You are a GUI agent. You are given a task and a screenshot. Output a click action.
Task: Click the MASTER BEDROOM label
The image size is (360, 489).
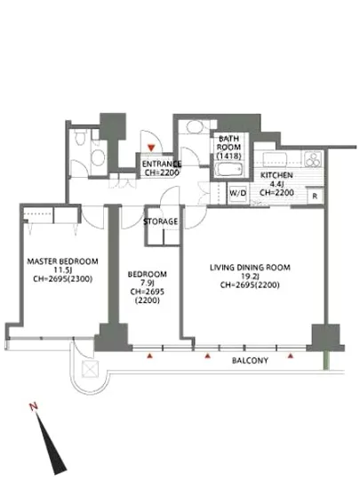[62, 261]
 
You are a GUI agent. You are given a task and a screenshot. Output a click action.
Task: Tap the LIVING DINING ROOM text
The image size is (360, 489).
[250, 268]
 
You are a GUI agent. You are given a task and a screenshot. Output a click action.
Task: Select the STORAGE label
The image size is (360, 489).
[161, 221]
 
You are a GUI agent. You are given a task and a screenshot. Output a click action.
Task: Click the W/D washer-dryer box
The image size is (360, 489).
[238, 193]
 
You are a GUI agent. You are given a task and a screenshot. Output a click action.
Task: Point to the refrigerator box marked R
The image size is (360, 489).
[316, 196]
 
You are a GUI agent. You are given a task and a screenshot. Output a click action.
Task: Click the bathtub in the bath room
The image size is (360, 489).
[228, 169]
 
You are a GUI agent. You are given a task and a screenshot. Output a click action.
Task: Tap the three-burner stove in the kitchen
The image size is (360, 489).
[312, 159]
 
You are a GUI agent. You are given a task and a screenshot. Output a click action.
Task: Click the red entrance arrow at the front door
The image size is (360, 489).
[151, 148]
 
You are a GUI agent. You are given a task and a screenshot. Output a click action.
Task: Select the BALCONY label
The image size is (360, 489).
[250, 360]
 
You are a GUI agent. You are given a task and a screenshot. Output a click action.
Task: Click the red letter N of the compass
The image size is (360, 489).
[34, 406]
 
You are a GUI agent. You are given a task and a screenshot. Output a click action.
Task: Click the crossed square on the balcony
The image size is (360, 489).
[90, 369]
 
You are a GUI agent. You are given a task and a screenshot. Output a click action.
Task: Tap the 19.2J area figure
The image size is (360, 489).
[250, 276]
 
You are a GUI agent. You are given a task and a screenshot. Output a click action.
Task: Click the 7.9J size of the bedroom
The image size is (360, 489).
[148, 283]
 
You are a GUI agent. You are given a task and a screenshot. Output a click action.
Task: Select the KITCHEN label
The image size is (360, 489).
[276, 175]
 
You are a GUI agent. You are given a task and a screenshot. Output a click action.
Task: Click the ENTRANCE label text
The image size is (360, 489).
[162, 164]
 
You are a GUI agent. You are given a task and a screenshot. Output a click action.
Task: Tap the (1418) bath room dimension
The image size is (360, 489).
[228, 156]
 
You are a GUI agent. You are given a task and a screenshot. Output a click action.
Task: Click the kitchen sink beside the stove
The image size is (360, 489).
[275, 159]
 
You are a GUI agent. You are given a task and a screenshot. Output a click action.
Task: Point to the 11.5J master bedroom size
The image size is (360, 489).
[62, 269]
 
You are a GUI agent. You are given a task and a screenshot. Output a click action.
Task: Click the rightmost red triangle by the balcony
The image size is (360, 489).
[291, 356]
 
